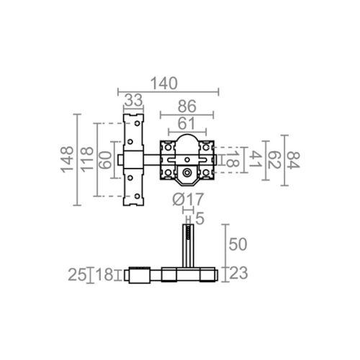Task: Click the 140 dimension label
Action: click(164, 84)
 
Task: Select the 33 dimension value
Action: click(133, 100)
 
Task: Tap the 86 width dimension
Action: click(187, 106)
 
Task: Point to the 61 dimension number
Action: click(186, 124)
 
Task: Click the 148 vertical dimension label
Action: click(67, 159)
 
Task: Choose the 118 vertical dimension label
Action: click(87, 159)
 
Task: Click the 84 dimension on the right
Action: click(294, 160)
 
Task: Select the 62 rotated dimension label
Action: click(274, 160)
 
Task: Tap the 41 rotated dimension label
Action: click(256, 160)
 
